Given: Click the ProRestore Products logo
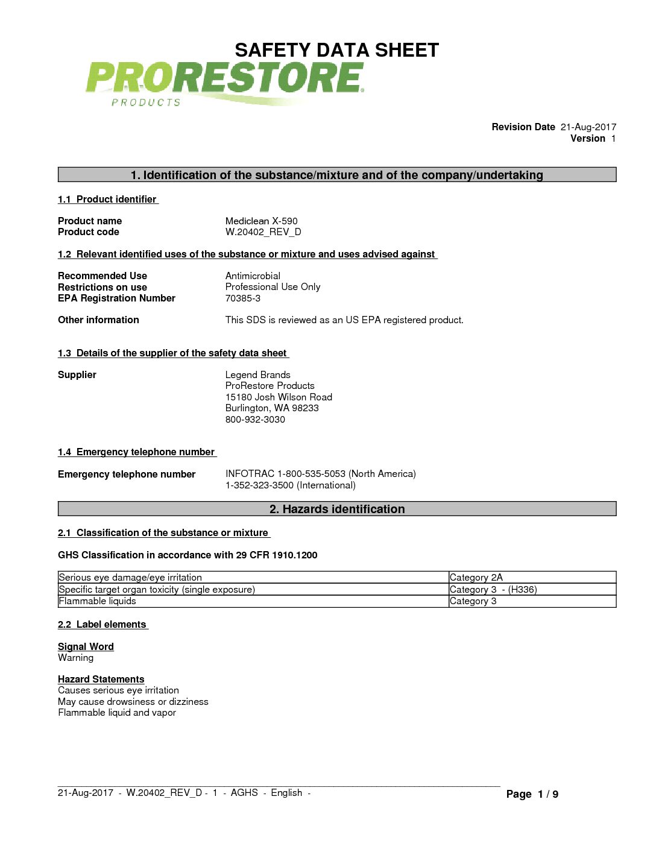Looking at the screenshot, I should coord(224,83).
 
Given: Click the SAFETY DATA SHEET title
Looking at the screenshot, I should coord(336,50).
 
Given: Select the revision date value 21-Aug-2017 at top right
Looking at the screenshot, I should coord(588,127).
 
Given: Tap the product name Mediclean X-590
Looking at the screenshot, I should coord(261,221).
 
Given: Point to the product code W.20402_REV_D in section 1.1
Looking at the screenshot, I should coord(263,232).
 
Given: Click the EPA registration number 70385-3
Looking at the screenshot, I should coord(242,298).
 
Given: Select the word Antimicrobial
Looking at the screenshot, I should coord(253,276).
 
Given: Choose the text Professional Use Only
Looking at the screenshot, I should coord(273,287).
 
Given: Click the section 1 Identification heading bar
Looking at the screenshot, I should coord(336,175).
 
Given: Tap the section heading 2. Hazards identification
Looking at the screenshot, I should coord(336,509).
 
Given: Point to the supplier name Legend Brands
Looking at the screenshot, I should coord(257,375).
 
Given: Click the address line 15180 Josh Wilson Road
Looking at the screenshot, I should coord(279,397).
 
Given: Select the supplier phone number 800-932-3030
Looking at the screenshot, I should coord(255,420).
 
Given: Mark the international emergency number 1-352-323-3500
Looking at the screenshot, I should coord(290,485).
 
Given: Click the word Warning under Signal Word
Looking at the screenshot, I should coord(75,658).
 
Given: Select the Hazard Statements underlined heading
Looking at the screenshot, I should coord(101,680).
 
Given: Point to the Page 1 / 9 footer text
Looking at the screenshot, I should coord(532,794).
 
